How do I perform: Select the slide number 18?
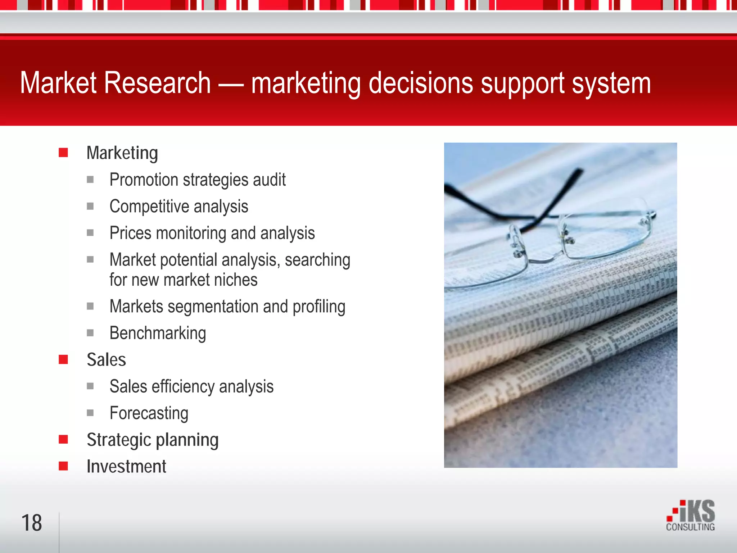point(32,523)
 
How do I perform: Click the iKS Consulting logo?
point(691,515)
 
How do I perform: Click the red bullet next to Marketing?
point(63,153)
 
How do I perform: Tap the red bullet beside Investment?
point(63,466)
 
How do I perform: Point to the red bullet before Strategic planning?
point(63,439)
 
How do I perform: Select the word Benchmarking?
point(158,333)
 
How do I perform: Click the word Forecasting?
point(149,413)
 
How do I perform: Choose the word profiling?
point(319,307)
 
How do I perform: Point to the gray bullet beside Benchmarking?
point(90,333)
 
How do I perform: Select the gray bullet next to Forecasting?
point(90,413)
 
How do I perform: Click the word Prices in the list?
point(130,233)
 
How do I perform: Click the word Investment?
point(126,466)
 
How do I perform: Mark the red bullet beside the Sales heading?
point(63,359)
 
